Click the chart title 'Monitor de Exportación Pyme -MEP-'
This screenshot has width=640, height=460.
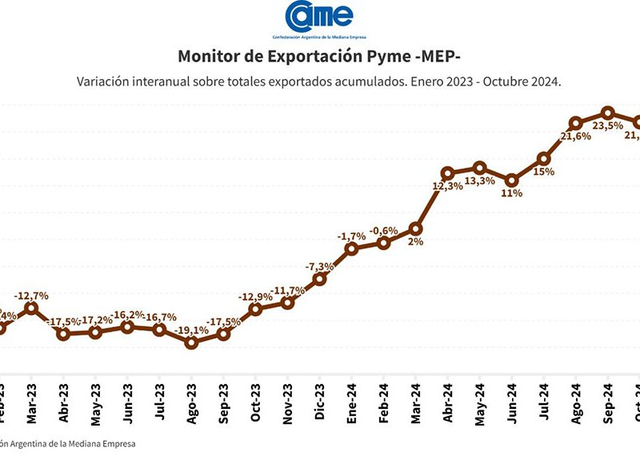[319, 57]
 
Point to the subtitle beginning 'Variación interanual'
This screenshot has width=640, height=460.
[319, 81]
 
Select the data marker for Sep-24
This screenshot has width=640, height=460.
[607, 113]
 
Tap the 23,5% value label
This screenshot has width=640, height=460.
[607, 125]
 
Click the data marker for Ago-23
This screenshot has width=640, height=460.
[191, 343]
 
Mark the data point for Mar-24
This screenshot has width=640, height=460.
[415, 229]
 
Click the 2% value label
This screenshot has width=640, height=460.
[415, 243]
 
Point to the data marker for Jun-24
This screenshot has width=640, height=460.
[511, 180]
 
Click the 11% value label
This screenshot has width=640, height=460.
[511, 193]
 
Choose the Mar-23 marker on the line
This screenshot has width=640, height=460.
[31, 308]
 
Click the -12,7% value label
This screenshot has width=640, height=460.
[31, 295]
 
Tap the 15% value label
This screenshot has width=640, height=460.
[544, 171]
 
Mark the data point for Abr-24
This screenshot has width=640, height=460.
[447, 173]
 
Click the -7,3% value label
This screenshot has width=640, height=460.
[319, 266]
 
